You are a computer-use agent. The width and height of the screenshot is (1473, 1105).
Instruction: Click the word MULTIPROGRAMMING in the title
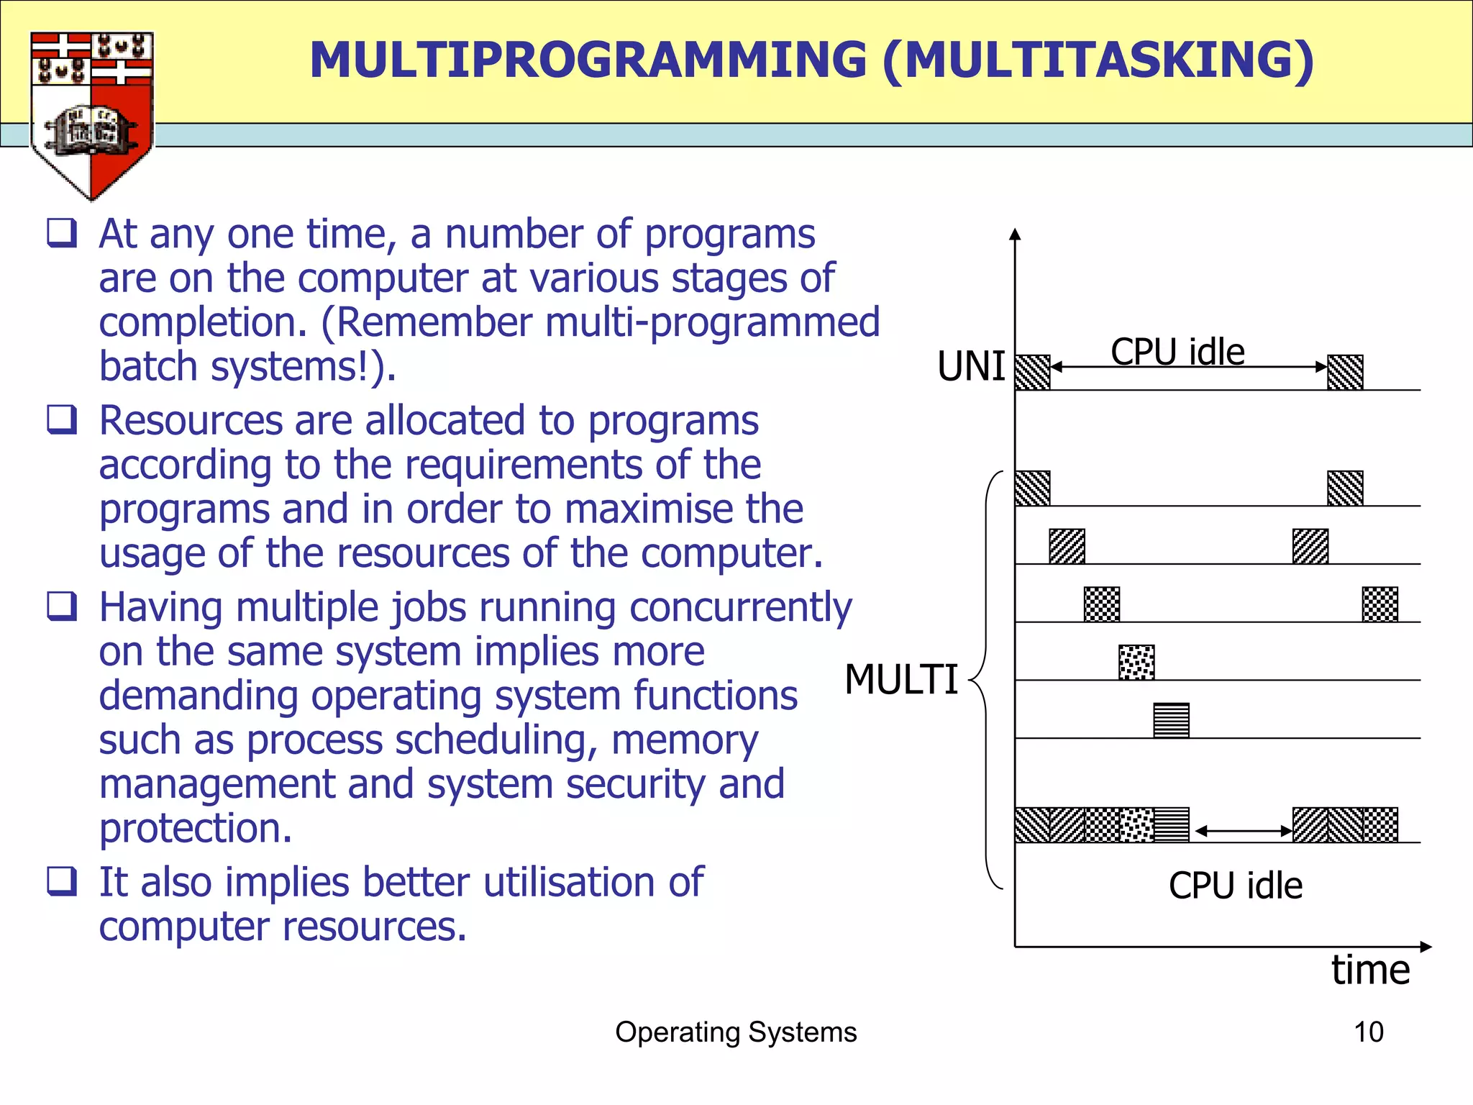click(588, 60)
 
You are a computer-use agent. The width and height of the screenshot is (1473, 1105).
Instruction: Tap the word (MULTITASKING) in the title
click(1098, 60)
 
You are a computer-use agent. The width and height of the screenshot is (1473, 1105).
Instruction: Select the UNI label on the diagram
click(971, 367)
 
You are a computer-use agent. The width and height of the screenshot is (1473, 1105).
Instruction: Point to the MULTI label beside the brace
click(901, 680)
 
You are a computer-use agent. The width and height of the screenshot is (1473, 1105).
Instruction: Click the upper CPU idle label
click(1177, 352)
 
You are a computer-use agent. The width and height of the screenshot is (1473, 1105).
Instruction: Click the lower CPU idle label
click(1235, 886)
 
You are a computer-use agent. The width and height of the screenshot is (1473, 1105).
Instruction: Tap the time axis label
click(1370, 970)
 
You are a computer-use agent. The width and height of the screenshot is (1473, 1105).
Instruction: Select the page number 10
click(1368, 1032)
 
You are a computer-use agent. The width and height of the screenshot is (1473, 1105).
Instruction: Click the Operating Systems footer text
click(736, 1032)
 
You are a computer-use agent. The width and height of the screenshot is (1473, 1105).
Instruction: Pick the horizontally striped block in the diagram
click(1171, 720)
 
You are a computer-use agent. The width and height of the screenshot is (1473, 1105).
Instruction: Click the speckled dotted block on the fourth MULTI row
click(1136, 663)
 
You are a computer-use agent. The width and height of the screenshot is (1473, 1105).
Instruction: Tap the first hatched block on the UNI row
click(1032, 373)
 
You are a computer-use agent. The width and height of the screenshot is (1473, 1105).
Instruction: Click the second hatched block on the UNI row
click(1345, 373)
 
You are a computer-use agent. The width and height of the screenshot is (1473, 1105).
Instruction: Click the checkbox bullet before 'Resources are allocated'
click(62, 419)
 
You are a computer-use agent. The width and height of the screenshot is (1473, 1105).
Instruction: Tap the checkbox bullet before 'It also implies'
click(62, 881)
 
